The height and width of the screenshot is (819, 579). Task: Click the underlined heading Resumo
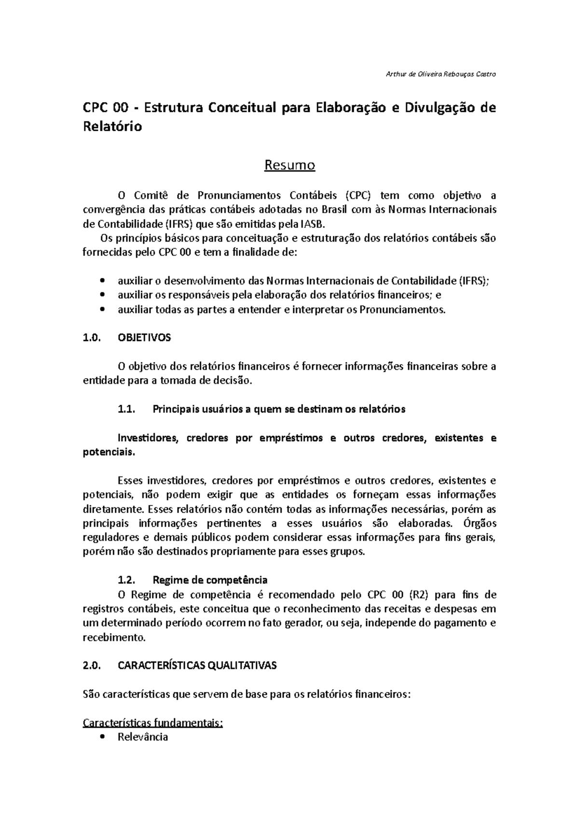click(x=289, y=165)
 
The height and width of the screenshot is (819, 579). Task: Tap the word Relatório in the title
click(x=112, y=127)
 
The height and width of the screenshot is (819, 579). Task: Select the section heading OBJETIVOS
click(x=144, y=338)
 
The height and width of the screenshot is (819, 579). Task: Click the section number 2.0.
click(x=91, y=666)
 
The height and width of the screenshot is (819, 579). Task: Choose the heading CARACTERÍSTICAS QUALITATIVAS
click(x=197, y=666)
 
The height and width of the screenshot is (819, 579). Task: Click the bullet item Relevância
click(x=143, y=737)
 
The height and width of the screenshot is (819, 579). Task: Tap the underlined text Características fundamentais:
click(x=153, y=723)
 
